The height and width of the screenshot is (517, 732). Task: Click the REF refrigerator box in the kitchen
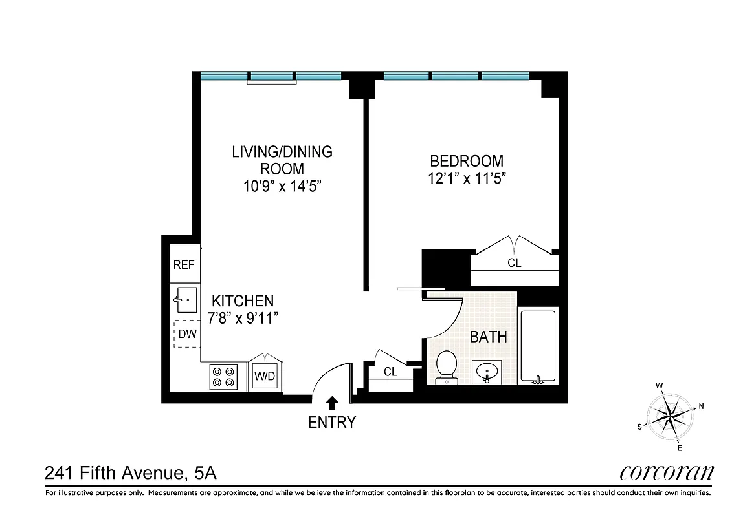click(x=184, y=264)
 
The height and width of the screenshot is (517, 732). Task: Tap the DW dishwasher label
click(x=187, y=334)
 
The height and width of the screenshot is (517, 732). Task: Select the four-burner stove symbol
click(x=224, y=377)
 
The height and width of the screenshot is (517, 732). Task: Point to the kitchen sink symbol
click(x=186, y=301)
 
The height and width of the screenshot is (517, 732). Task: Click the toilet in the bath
click(x=447, y=367)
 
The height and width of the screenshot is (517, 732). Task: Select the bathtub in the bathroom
click(x=537, y=347)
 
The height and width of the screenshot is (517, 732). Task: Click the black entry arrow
click(x=332, y=403)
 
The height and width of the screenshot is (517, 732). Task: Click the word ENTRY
click(x=332, y=423)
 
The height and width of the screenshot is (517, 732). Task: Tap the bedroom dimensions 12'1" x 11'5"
click(x=467, y=178)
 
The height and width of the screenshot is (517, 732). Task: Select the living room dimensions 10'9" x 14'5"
click(x=282, y=186)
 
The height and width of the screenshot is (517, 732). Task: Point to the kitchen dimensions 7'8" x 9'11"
click(x=243, y=318)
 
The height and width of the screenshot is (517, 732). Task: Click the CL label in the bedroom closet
click(x=514, y=263)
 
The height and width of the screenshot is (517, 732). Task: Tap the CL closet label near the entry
click(x=390, y=372)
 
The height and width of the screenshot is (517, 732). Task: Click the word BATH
click(x=488, y=337)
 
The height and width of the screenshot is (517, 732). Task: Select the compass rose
click(x=670, y=416)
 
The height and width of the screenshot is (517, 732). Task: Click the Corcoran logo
click(x=666, y=473)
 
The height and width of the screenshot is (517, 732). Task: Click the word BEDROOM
click(x=467, y=161)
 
